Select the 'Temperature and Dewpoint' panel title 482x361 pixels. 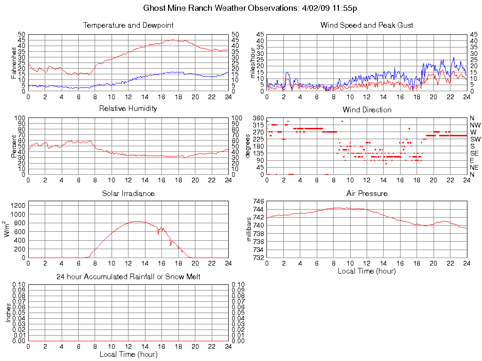tap(128, 25)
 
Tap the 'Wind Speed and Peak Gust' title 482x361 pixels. tap(366, 25)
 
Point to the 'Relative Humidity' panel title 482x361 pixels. tap(128, 109)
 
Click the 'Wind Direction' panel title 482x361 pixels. tap(366, 110)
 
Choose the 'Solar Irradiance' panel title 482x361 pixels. tap(128, 194)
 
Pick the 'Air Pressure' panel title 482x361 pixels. tap(366, 194)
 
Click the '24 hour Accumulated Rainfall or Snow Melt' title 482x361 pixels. tap(128, 277)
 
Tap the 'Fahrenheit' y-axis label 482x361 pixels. tap(14, 63)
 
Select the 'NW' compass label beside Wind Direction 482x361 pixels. tap(474, 125)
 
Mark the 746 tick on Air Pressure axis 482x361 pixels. tap(258, 201)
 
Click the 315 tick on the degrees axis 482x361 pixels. tap(258, 125)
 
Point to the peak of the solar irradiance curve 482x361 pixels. tap(137, 221)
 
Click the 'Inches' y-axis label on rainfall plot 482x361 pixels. tap(8, 312)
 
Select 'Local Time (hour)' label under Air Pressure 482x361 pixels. tap(366, 271)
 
